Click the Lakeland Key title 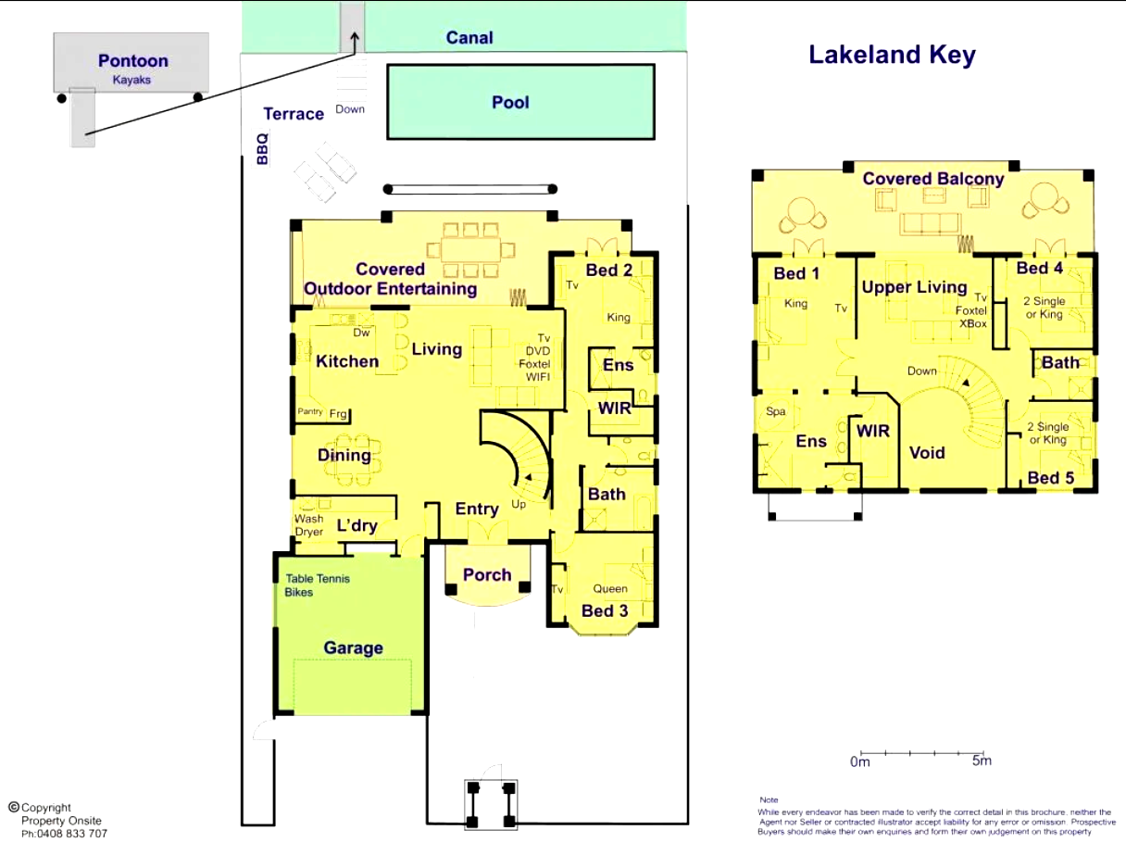click(892, 56)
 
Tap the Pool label click(510, 103)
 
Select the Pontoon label click(133, 61)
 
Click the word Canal click(469, 37)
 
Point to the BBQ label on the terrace click(262, 149)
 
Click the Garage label click(354, 648)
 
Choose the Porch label click(487, 575)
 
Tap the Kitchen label click(347, 361)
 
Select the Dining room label click(344, 456)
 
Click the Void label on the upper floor click(927, 453)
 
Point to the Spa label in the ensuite click(776, 411)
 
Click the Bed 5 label click(1051, 478)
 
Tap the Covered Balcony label click(933, 179)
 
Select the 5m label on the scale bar click(982, 761)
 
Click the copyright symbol click(14, 807)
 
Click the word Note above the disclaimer click(769, 799)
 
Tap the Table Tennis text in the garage click(318, 579)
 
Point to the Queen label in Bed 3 click(610, 589)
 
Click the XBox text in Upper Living click(973, 324)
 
